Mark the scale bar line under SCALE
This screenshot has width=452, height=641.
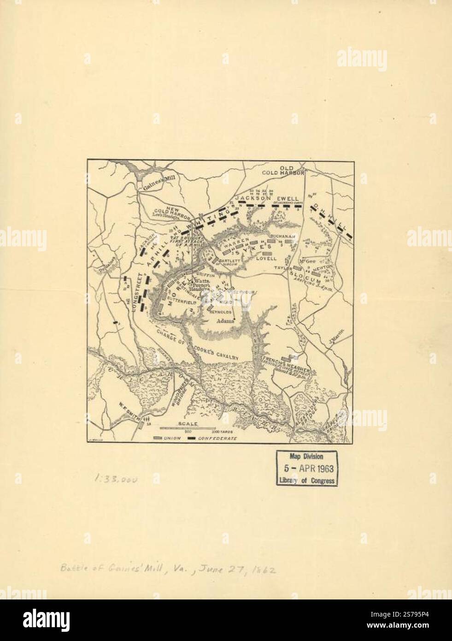click(188, 429)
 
